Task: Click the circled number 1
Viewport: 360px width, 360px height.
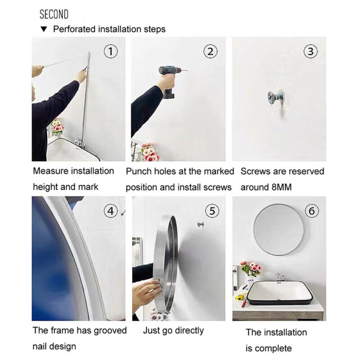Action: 111,51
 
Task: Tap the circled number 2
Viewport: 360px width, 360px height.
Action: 210,51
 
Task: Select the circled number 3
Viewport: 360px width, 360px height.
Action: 310,51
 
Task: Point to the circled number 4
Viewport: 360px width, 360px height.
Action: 111,211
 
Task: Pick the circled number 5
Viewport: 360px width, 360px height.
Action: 212,211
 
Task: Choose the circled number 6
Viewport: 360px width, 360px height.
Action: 311,211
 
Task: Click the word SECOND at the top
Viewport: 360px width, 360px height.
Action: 54,14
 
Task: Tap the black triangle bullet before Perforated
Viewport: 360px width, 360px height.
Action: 44,29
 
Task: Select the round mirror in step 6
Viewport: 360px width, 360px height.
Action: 279,230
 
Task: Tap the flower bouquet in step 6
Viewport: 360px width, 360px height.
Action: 251,269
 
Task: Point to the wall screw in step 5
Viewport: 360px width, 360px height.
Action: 200,224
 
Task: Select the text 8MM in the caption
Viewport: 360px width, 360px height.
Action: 282,187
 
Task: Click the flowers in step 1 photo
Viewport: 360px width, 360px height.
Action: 58,127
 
